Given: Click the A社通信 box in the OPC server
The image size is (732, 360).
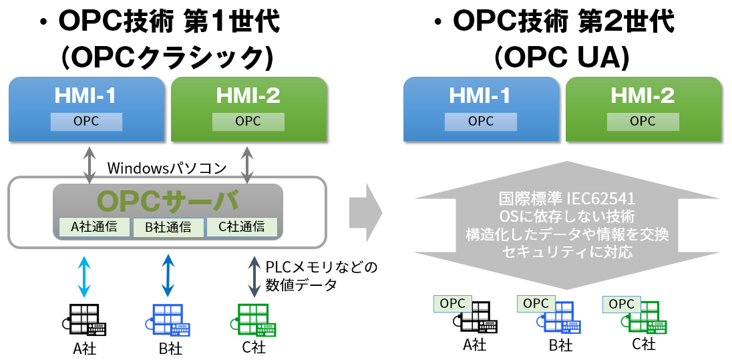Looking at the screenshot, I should pyautogui.click(x=95, y=226).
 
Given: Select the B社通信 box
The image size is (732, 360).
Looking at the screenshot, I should pyautogui.click(x=168, y=227).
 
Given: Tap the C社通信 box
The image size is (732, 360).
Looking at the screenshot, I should pyautogui.click(x=241, y=226).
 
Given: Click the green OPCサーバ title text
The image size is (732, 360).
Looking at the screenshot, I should pyautogui.click(x=167, y=200).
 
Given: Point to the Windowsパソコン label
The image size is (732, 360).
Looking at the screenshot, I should pyautogui.click(x=167, y=168).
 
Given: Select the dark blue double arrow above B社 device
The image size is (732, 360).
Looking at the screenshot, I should pyautogui.click(x=168, y=274).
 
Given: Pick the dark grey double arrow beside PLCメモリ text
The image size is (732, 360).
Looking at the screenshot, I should pyautogui.click(x=254, y=276).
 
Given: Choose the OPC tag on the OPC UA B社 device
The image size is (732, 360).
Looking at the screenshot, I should pyautogui.click(x=536, y=303).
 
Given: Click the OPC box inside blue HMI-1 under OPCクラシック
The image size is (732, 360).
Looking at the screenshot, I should pyautogui.click(x=87, y=122).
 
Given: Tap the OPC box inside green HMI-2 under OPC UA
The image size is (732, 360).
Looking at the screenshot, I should pyautogui.click(x=643, y=122).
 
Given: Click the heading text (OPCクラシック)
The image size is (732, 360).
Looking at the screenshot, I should pyautogui.click(x=167, y=58).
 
